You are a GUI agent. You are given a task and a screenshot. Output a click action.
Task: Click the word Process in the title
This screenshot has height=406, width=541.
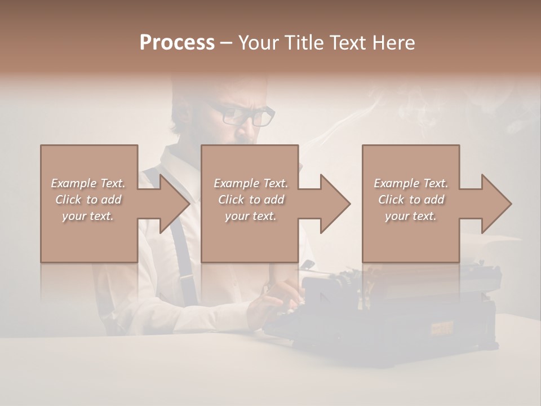tap(177, 42)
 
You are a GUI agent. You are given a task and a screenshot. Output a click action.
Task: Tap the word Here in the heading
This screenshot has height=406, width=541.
tap(393, 42)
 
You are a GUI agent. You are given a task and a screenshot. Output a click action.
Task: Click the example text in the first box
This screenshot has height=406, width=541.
tap(88, 200)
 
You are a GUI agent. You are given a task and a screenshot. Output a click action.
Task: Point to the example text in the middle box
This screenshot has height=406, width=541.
tap(251, 200)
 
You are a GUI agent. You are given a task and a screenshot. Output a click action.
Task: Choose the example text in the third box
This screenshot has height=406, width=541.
tap(411, 200)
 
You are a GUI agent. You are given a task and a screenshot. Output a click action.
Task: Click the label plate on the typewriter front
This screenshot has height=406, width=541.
tap(442, 326)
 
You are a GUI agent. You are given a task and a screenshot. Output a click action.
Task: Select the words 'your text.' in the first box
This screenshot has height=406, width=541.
tap(88, 216)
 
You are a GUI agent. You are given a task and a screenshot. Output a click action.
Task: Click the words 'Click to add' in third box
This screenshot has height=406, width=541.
tap(411, 200)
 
